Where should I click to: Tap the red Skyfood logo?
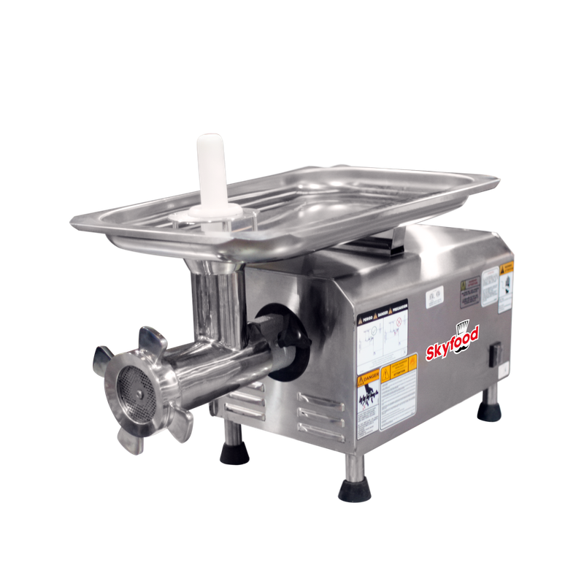(x=452, y=344)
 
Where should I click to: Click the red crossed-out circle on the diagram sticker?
(x=399, y=321)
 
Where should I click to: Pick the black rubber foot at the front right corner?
(x=354, y=487)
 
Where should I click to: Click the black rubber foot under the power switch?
(x=490, y=411)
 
